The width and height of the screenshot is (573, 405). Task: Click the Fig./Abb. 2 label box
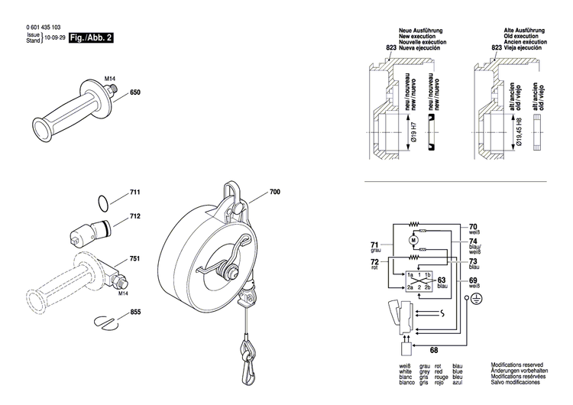pyautogui.click(x=91, y=37)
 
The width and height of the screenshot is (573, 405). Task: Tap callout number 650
pyautogui.click(x=135, y=93)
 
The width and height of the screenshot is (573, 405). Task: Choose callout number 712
pyautogui.click(x=135, y=217)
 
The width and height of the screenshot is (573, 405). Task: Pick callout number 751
pyautogui.click(x=135, y=260)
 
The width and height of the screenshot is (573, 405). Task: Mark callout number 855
pyautogui.click(x=135, y=313)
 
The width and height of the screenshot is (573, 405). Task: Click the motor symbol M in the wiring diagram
pyautogui.click(x=413, y=241)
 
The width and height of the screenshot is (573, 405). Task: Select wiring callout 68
pyautogui.click(x=434, y=351)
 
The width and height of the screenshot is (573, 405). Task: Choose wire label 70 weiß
pyautogui.click(x=473, y=227)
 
